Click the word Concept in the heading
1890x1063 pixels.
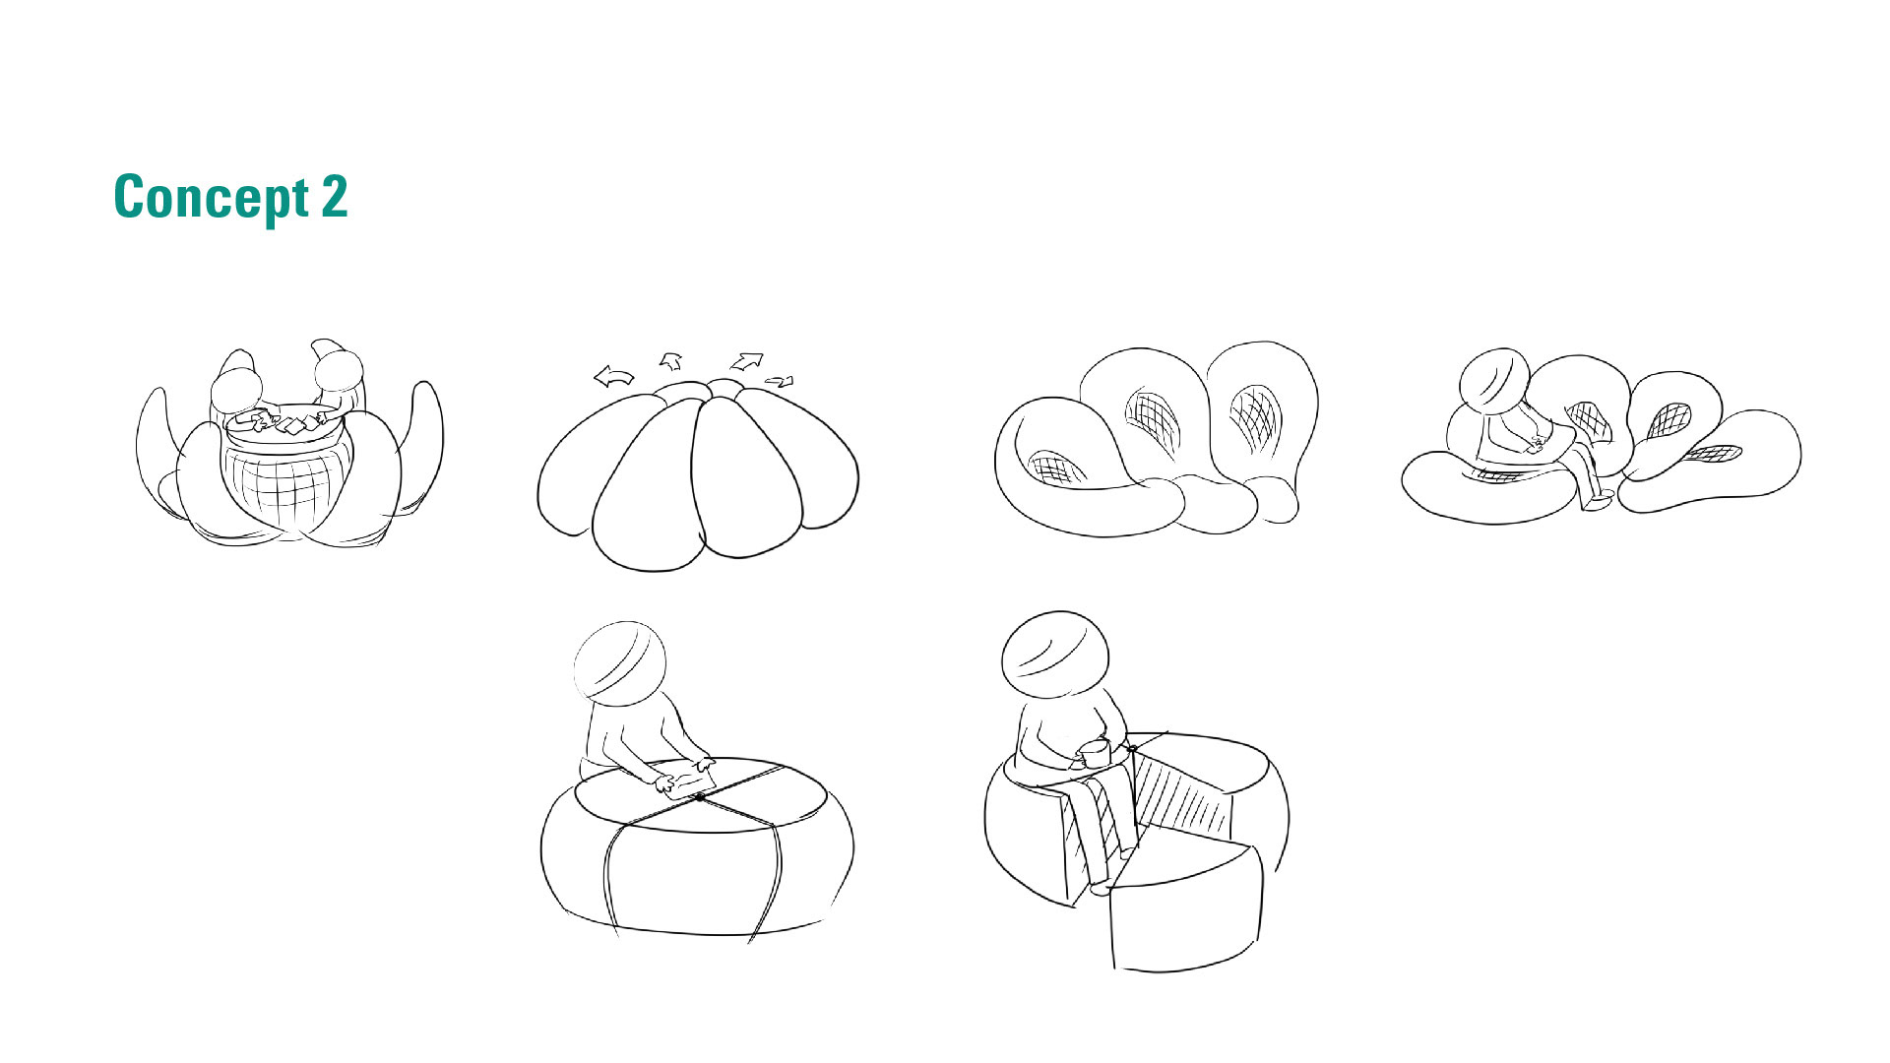click(212, 199)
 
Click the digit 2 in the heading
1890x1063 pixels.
click(335, 197)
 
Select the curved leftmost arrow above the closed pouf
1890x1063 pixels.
click(614, 376)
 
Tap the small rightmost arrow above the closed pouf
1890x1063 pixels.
click(780, 381)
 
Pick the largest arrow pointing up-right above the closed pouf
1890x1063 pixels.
click(747, 360)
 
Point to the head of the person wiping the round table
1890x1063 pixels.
click(619, 662)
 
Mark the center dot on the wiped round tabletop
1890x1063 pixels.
click(699, 797)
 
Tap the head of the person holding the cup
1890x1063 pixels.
click(1054, 655)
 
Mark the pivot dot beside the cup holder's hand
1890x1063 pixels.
click(1132, 749)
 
